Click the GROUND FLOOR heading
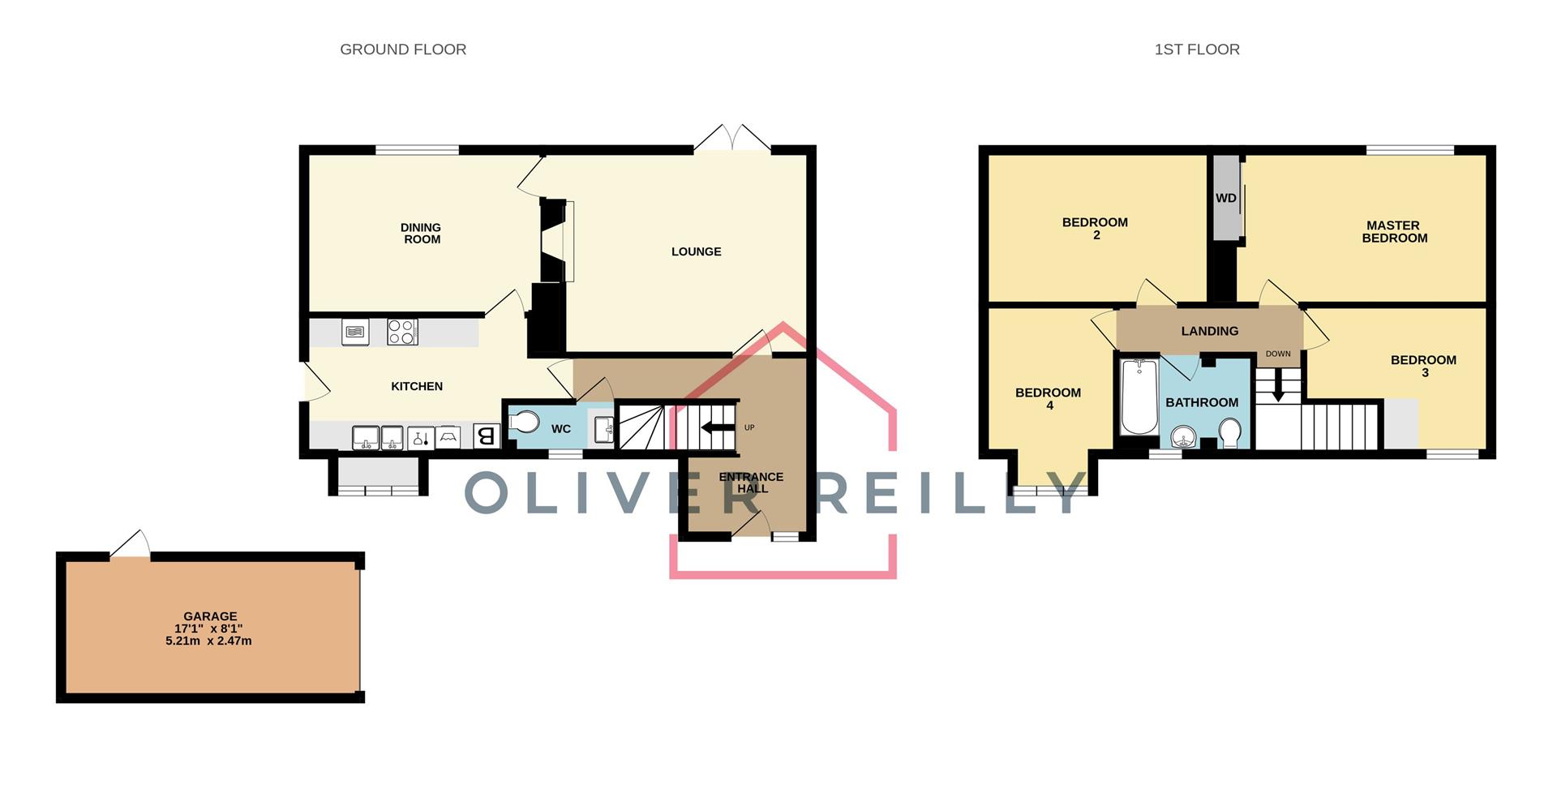pos(403,49)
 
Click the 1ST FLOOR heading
pos(1197,49)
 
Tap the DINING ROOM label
pos(422,234)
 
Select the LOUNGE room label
pos(696,251)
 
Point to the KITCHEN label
pos(417,386)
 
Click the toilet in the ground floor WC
pos(525,423)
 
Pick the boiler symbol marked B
pos(486,436)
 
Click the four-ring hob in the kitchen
pos(402,332)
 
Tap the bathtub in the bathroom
pos(1139,397)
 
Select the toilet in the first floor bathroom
pos(1229,433)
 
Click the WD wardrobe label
pos(1225,198)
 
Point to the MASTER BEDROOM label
pos(1394,232)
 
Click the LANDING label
pos(1209,331)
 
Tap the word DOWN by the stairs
pos(1278,354)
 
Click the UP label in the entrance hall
pos(749,427)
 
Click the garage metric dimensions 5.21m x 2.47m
pos(208,641)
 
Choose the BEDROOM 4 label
pos(1048,398)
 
